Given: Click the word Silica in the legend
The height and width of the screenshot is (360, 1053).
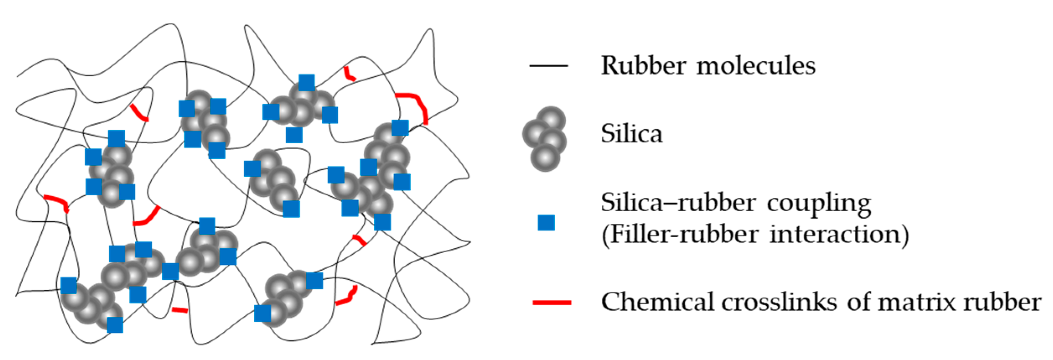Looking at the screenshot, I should coord(631,134).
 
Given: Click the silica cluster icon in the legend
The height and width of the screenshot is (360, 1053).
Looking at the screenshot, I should coord(545,138).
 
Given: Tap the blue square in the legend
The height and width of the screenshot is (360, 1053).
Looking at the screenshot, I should coord(546,223).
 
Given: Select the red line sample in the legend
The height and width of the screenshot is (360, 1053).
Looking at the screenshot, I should coord(551,302).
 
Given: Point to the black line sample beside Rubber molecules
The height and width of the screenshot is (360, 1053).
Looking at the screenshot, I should coord(548,66).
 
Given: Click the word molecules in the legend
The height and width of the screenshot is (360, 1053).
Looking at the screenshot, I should coord(756,66).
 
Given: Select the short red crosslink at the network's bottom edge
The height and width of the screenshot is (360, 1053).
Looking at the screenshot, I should coord(180,310).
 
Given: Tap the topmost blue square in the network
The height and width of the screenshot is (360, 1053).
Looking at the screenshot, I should coord(307,83).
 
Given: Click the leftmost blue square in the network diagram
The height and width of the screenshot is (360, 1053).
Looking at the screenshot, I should coord(69,285).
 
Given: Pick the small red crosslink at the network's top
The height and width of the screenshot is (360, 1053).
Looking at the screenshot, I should coord(349,74).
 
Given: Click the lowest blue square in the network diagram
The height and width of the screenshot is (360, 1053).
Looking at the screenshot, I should coord(115,325).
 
